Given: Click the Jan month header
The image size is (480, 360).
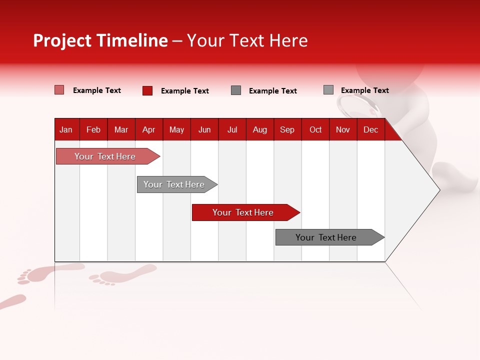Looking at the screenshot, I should point(66,129).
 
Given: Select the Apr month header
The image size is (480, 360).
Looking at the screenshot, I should point(148,129).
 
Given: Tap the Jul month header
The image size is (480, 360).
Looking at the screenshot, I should point(232,129).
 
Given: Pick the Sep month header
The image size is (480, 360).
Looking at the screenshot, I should point(287,129).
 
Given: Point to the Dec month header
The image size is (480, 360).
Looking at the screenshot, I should point(370,129).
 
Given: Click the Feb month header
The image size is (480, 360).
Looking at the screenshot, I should point(93,129).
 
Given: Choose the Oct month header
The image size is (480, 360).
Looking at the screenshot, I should point(315,129).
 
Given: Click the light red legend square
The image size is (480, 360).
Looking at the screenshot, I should point(59,90).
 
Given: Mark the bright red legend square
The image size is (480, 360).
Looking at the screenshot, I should point(147,90).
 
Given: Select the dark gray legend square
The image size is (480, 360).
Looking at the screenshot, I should point(236,90).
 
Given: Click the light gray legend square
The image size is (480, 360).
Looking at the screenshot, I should point(328,90).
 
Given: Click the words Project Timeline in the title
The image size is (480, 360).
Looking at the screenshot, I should point(100,40).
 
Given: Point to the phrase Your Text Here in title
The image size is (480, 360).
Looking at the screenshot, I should point(247,40).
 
